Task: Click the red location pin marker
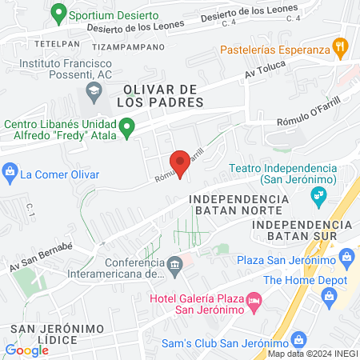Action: point(180,162)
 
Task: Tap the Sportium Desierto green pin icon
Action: point(58,14)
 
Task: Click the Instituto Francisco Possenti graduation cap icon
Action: point(94,92)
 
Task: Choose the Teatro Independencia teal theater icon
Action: point(319,194)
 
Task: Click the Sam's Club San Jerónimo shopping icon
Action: point(298,339)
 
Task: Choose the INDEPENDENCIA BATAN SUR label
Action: point(301,232)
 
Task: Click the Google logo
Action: point(26,350)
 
